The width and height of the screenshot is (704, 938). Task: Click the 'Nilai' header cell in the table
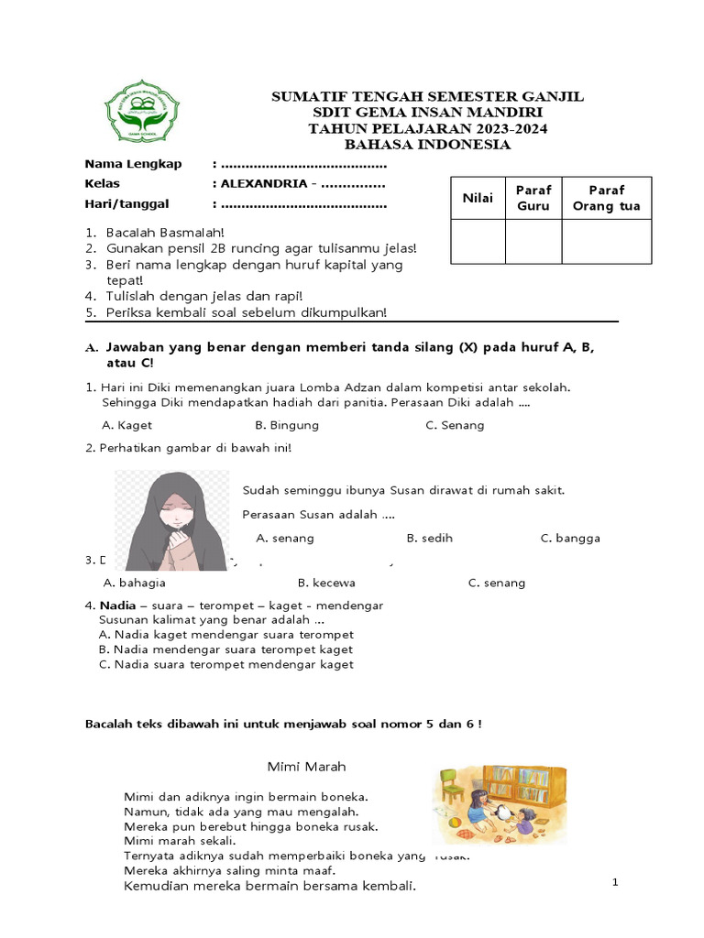[478, 198]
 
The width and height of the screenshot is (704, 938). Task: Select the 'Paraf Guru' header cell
[533, 198]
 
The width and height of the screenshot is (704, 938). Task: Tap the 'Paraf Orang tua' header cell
[606, 198]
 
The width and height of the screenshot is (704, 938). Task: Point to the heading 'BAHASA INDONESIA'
[427, 145]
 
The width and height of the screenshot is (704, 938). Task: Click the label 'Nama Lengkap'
[133, 164]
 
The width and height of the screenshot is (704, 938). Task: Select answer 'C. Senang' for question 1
[455, 425]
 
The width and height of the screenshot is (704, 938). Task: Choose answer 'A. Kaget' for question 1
[126, 425]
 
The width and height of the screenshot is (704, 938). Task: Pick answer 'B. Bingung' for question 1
[287, 425]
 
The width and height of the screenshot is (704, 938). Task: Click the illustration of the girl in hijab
[171, 520]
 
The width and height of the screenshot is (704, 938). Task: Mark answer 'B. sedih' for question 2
[429, 538]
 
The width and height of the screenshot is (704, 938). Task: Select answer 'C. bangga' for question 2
[570, 538]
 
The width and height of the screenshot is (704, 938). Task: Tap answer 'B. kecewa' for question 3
[326, 583]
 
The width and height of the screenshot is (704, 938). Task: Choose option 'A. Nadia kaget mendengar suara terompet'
[225, 634]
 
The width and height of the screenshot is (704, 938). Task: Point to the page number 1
[616, 881]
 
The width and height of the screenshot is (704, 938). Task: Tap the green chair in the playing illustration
[451, 784]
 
